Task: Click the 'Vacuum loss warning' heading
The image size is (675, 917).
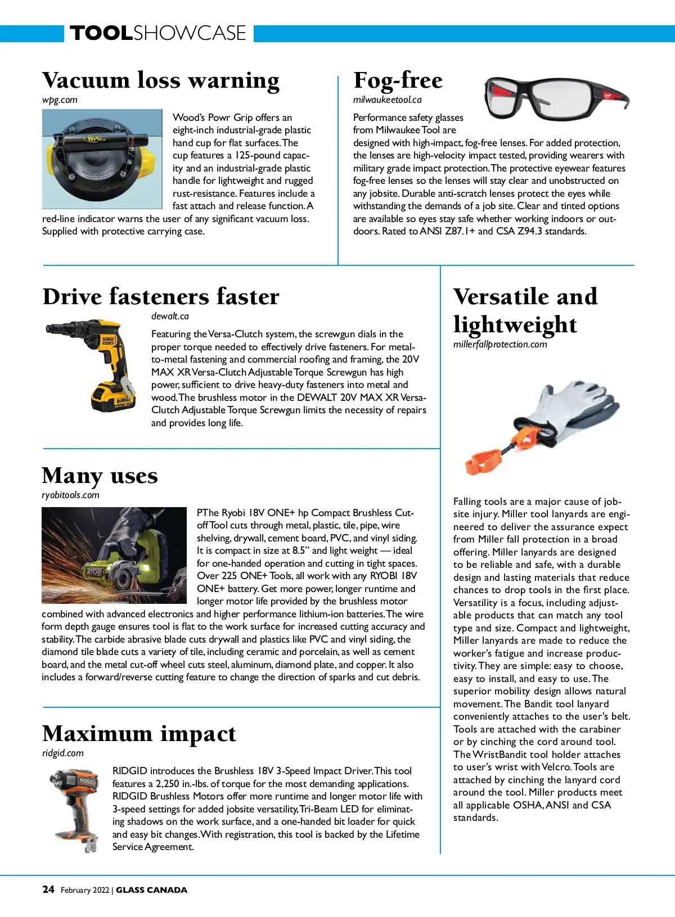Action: (160, 80)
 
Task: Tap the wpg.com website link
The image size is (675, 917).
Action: (60, 100)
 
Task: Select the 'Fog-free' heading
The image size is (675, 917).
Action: (398, 80)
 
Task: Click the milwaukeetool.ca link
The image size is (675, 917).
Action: (387, 100)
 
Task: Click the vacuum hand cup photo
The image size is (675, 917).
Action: (102, 160)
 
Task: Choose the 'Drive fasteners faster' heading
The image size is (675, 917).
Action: (161, 297)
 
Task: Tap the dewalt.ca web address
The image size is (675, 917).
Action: (170, 317)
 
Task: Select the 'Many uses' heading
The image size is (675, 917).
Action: (100, 476)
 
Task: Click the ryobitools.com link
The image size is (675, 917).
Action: (70, 495)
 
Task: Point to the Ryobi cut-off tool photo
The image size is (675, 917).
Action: (114, 555)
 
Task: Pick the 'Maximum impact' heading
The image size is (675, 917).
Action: (139, 734)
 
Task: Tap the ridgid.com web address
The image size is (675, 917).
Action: (62, 753)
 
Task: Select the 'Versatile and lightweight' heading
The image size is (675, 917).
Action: (525, 310)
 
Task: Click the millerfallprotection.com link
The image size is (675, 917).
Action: (499, 345)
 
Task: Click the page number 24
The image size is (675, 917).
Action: (48, 889)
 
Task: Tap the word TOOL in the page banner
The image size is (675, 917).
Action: (102, 33)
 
